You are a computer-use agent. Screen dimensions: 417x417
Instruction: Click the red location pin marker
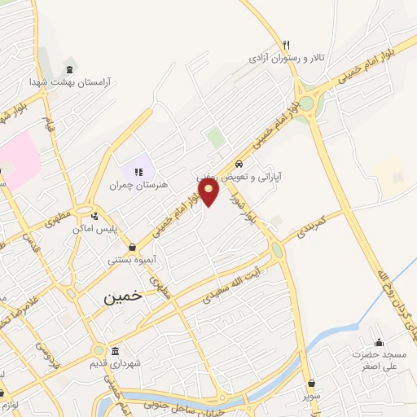point(210,193)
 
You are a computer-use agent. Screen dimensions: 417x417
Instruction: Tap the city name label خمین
point(122,296)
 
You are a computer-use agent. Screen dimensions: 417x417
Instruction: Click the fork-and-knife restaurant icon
point(286,46)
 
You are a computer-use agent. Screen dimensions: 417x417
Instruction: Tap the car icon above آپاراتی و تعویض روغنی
point(239,163)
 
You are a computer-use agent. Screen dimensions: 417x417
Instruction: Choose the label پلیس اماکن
point(94,229)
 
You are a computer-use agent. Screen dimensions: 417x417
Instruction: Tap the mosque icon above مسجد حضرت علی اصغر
point(379,342)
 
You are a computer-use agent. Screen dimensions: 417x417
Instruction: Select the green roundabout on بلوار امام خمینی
point(306,103)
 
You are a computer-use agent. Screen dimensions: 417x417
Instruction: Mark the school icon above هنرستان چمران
point(137,172)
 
